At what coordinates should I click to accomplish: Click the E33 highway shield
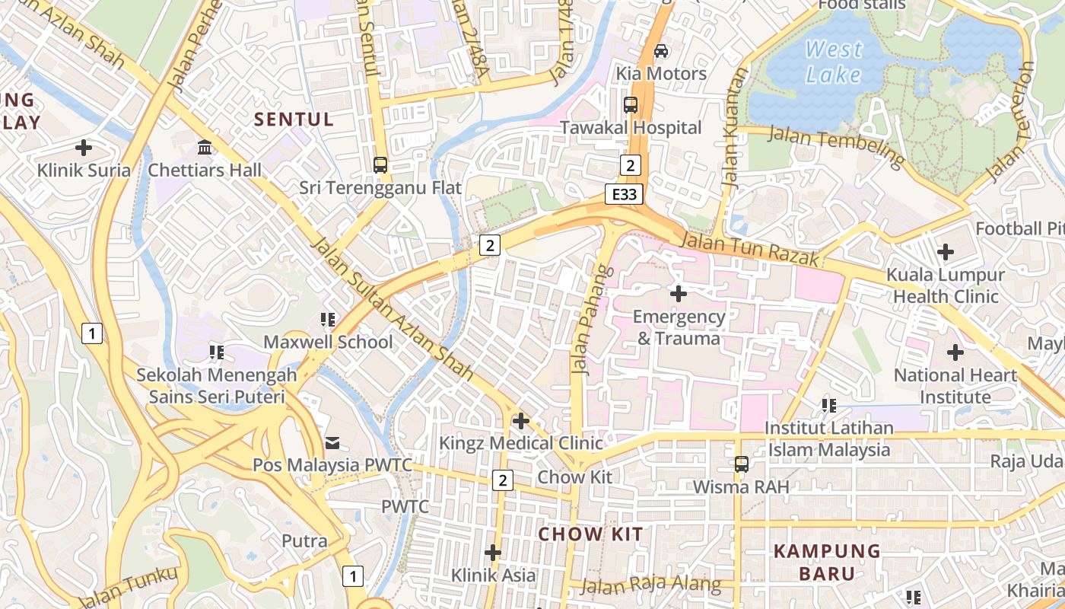[624, 194]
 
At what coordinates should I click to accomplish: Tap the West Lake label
[834, 62]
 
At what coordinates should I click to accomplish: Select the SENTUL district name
[294, 120]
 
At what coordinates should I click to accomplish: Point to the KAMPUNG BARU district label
[827, 562]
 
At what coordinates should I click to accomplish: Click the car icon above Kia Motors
[661, 51]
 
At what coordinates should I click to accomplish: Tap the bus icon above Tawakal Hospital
[631, 105]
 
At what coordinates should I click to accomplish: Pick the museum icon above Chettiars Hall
[204, 147]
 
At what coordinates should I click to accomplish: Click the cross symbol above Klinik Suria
[84, 148]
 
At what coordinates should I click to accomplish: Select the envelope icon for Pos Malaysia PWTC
[332, 442]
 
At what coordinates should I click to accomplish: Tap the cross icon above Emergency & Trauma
[678, 293]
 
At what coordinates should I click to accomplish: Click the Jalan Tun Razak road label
[750, 250]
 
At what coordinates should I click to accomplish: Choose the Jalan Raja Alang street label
[650, 585]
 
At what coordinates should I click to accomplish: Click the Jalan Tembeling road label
[836, 145]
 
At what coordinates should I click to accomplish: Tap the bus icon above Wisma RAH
[741, 464]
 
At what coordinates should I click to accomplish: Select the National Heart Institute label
[955, 386]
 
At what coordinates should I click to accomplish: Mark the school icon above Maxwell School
[328, 320]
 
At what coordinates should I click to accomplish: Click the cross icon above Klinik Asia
[493, 552]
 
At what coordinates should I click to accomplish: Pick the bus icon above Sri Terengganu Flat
[380, 164]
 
